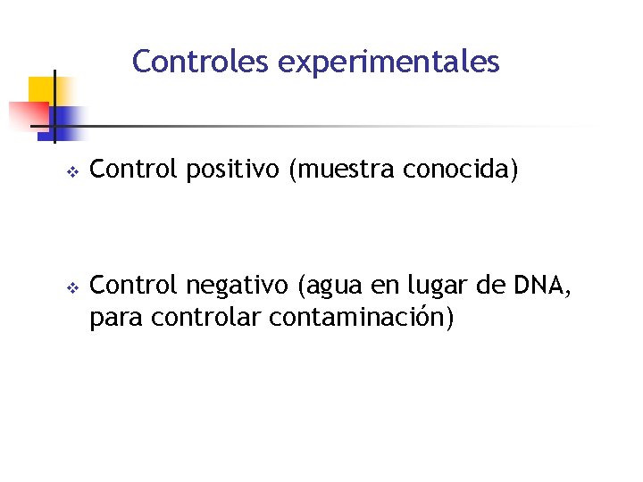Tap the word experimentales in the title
[389, 62]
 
